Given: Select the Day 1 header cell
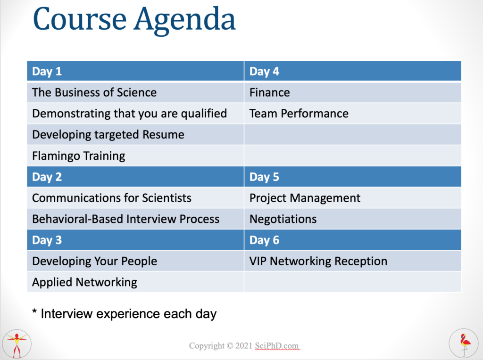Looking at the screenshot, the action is (135, 71).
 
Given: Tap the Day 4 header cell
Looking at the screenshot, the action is (353, 71).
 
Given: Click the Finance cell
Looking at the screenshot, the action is (353, 92).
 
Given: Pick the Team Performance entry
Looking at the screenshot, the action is (353, 114).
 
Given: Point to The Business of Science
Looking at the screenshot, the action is (135, 92).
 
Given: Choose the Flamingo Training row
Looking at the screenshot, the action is (135, 155).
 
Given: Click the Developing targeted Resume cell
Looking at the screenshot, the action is (135, 134).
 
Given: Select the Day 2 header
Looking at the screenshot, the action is (135, 177).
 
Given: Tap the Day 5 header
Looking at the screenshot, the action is (353, 177).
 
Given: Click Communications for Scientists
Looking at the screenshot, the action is (135, 198).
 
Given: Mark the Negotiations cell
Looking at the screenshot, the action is (353, 219).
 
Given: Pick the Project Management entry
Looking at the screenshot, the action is (353, 198).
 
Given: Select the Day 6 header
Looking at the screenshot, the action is (353, 240).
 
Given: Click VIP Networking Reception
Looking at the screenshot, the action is (353, 261).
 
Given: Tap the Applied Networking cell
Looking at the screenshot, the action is (135, 282).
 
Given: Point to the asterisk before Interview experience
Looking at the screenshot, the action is (34, 311).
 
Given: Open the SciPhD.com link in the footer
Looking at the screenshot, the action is (276, 346).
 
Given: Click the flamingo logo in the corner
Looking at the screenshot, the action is (464, 344).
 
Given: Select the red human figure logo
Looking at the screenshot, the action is (17, 344).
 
